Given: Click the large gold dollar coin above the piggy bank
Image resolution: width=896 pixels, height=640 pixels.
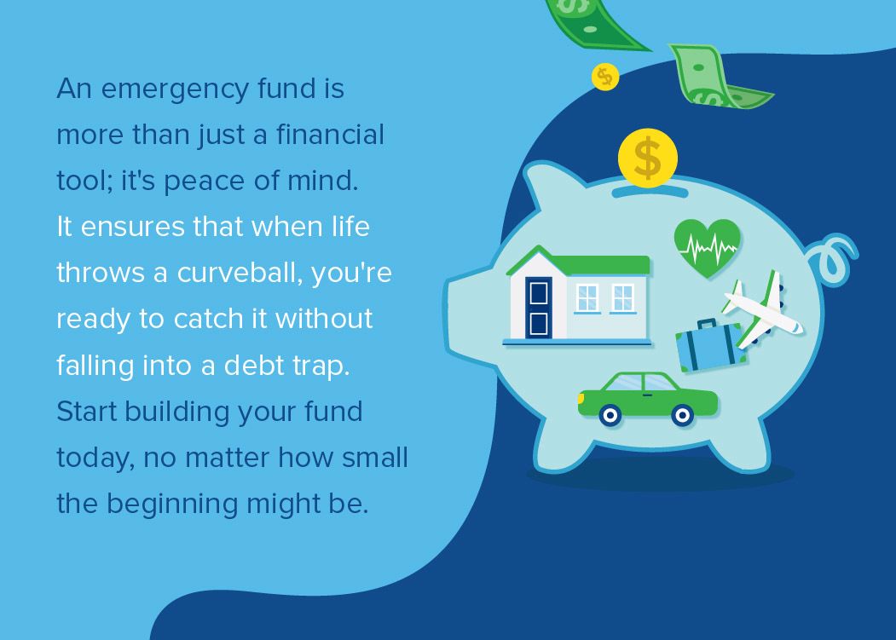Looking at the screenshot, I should [x=648, y=159].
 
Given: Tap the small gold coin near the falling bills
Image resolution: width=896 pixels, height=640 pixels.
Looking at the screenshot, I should [x=604, y=78].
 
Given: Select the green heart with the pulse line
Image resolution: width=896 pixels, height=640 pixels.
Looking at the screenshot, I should [x=707, y=247].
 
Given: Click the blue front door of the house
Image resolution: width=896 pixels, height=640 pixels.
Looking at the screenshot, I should [x=539, y=308].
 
